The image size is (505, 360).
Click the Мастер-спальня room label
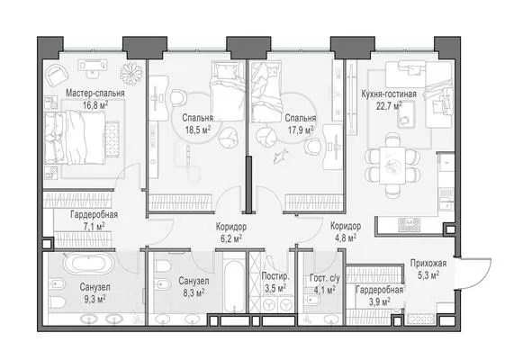(95, 94)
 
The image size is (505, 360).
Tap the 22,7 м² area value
(389, 105)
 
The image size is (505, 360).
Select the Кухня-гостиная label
(389, 94)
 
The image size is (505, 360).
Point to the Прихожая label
(428, 263)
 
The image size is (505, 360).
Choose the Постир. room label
(275, 276)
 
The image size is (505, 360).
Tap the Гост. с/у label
(324, 278)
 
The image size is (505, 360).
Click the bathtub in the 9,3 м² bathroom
(88, 263)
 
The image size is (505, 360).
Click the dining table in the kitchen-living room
(392, 166)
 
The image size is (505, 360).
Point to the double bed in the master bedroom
(75, 138)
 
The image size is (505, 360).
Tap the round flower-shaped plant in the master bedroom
(131, 74)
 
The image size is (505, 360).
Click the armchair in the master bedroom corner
(58, 75)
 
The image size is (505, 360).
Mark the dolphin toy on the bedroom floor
(280, 156)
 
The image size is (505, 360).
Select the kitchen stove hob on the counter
(410, 224)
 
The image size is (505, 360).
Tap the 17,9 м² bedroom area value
(301, 130)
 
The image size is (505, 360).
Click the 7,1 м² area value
(94, 227)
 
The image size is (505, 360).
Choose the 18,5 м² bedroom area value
(198, 130)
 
